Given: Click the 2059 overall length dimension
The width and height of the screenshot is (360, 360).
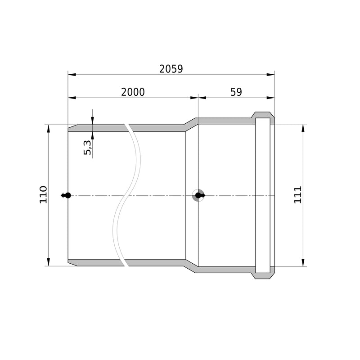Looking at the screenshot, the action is tap(171, 69).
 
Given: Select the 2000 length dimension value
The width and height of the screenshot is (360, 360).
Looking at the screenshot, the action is tap(133, 92).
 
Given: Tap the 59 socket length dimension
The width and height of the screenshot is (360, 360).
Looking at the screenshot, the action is tap(236, 92).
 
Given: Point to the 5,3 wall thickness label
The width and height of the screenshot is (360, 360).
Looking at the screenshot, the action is tap(87, 148).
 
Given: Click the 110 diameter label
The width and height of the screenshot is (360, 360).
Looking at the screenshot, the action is tap(43, 195).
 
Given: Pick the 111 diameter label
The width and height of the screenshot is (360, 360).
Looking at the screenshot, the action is tap(298, 195).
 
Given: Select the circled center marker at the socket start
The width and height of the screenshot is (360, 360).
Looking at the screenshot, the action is tap(198, 195).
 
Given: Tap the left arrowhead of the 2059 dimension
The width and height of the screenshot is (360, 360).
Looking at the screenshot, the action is tap(72, 75).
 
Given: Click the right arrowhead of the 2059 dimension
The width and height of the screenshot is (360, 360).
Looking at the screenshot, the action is tap(270, 75).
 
